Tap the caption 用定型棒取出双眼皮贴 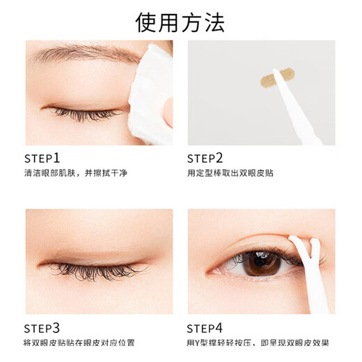pos(230,173)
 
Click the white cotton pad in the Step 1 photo pos(150,90)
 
